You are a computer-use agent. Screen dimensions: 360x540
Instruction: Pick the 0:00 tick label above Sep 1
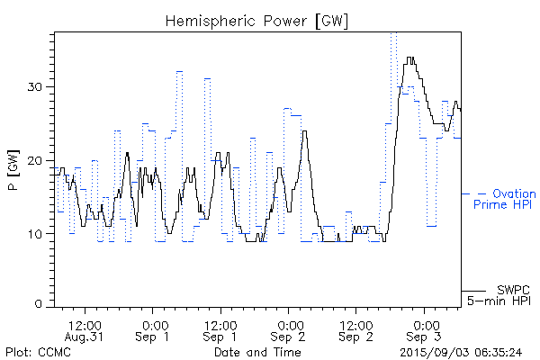coord(153,324)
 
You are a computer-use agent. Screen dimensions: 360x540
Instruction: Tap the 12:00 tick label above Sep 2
coord(356,324)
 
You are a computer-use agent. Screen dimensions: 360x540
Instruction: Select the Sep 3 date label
coord(425,337)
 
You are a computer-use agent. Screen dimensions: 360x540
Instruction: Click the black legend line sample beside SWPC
coord(473,291)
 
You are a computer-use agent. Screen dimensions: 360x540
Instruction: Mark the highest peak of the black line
coord(410,58)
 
